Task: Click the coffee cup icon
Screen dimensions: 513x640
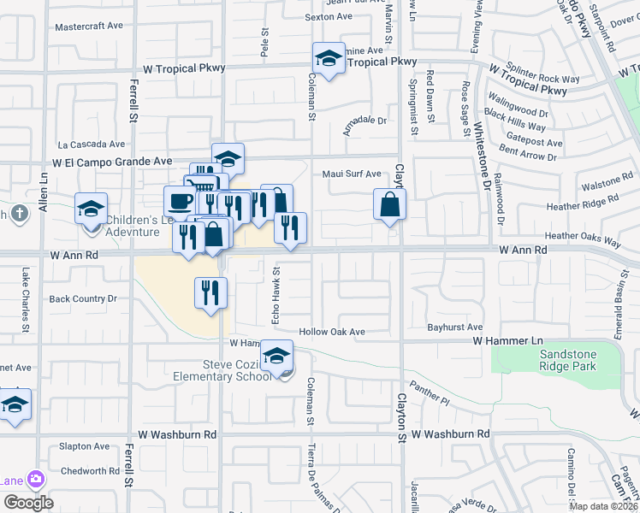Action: pos(180,202)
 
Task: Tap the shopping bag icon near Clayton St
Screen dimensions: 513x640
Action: pos(389,205)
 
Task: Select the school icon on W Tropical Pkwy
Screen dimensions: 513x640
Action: pos(328,58)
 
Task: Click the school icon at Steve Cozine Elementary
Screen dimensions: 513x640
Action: pos(277,356)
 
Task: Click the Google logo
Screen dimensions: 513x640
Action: pos(28,502)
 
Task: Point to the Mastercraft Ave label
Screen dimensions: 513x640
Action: pos(89,27)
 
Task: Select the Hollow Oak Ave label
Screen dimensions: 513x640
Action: pos(332,332)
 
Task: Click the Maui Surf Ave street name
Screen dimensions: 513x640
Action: pos(352,174)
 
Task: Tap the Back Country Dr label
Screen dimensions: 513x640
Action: pos(82,298)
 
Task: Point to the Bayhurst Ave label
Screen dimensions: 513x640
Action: pos(454,327)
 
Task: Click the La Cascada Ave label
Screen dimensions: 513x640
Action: pos(92,144)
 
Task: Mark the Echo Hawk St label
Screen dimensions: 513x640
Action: pos(276,299)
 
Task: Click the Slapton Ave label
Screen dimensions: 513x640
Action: pos(85,446)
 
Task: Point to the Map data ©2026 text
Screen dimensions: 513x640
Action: pos(604,506)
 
